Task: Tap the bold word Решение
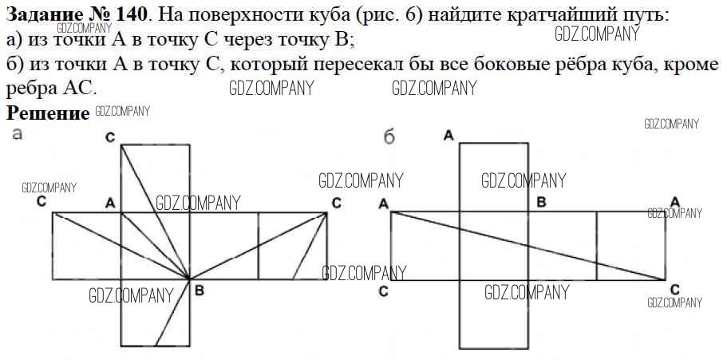click(x=48, y=113)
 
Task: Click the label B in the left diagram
click(x=200, y=291)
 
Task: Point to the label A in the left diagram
click(x=110, y=204)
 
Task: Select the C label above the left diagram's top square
click(x=110, y=138)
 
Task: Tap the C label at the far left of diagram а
click(x=41, y=202)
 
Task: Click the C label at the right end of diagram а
click(x=337, y=203)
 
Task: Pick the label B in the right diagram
click(x=541, y=202)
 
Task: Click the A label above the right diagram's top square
click(x=448, y=136)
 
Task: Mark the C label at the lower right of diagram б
click(x=675, y=291)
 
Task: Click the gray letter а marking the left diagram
click(x=17, y=135)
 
